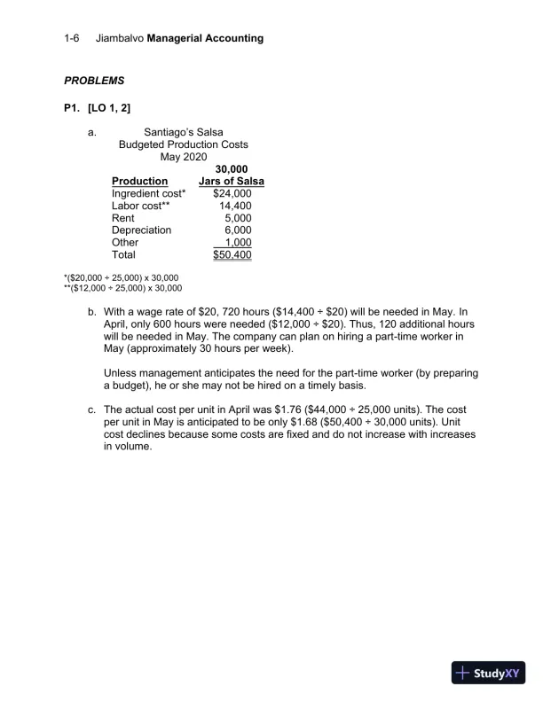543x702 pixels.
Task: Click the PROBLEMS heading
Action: click(94, 81)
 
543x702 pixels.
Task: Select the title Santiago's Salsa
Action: click(183, 132)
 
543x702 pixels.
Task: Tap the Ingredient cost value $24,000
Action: click(232, 193)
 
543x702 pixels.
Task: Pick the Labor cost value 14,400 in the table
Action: click(235, 206)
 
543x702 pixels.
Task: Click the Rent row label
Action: click(124, 218)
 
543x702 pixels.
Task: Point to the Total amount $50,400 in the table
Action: click(232, 255)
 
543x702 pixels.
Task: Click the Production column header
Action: click(140, 182)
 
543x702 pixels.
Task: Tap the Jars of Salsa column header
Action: click(232, 182)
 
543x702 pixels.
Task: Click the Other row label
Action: click(125, 243)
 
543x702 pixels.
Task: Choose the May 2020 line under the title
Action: click(183, 157)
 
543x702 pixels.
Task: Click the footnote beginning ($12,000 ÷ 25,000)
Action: click(122, 288)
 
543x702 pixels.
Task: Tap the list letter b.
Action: click(91, 313)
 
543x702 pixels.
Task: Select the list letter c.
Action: click(91, 411)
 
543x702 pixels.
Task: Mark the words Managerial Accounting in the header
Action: click(205, 38)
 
